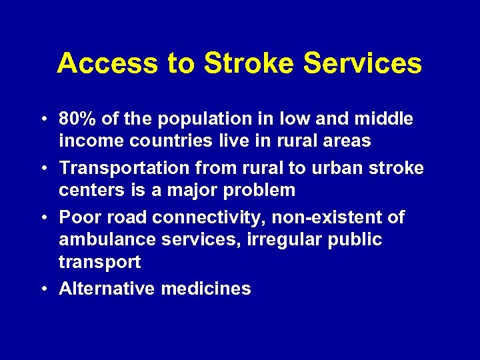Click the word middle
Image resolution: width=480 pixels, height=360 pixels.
coord(383,119)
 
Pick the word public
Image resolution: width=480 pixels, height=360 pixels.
coord(354,240)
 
